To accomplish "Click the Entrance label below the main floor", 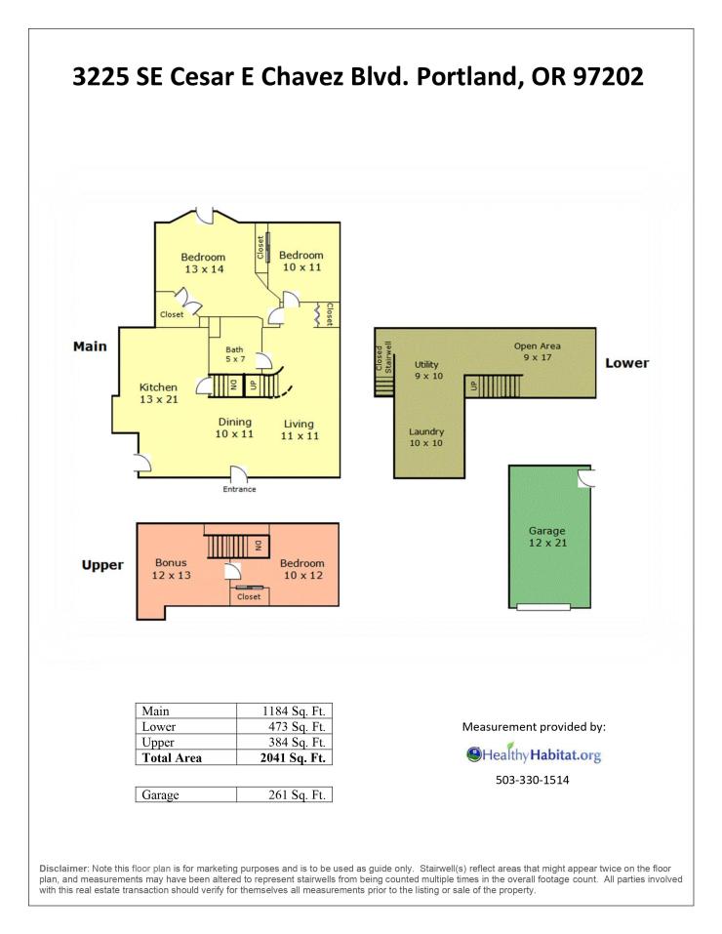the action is [x=239, y=489].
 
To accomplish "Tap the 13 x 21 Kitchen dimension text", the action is [x=159, y=400].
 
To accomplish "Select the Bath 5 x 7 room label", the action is [x=235, y=354].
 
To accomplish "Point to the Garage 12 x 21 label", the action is [x=547, y=537].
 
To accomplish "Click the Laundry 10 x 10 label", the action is [x=426, y=437].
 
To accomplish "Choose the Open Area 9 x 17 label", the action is [x=538, y=351].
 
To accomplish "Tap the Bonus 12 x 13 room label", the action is [x=171, y=569].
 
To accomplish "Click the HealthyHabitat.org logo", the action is [x=533, y=754].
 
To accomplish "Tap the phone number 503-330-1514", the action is [x=532, y=780].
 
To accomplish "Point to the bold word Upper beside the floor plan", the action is [x=102, y=565].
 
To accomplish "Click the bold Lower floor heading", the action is [x=626, y=363].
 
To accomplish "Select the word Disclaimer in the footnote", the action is [x=63, y=869].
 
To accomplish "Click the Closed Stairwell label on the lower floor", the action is [x=384, y=357].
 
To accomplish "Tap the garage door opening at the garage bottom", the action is [x=542, y=607].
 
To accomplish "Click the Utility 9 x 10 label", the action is [x=429, y=370].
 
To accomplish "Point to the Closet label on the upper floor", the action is [x=249, y=596].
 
